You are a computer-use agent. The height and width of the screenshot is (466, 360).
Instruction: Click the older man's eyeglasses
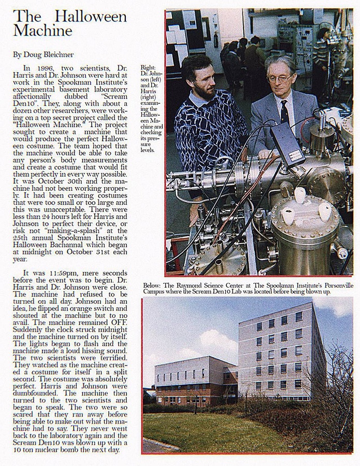pyautogui.click(x=279, y=78)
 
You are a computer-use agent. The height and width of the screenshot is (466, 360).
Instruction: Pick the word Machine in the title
pyautogui.click(x=42, y=31)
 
